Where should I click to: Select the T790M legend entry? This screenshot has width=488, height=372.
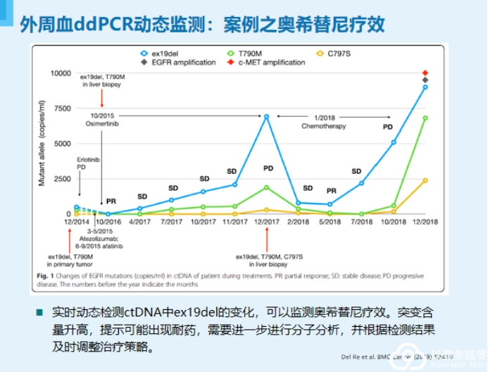click(x=244, y=53)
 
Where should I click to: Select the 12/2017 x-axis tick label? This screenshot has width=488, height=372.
click(x=268, y=221)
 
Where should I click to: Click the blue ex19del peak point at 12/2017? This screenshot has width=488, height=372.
click(x=268, y=116)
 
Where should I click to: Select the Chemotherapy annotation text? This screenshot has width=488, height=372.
click(x=325, y=125)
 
